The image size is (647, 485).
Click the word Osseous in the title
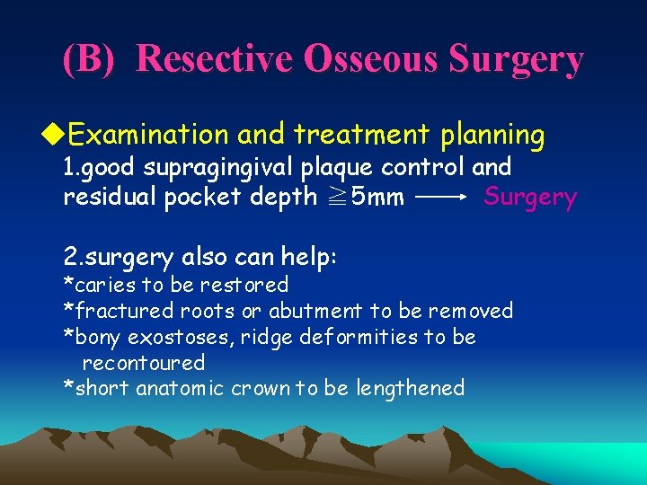tap(372, 59)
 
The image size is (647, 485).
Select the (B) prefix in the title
tap(89, 59)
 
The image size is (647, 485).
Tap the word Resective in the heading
tap(215, 59)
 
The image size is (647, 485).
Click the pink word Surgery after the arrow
tap(530, 197)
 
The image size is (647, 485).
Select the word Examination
tap(148, 136)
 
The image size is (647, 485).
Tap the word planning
tap(492, 136)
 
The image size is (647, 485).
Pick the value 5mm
tap(377, 197)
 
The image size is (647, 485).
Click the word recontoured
tap(143, 363)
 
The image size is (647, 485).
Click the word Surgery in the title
tap(516, 59)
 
